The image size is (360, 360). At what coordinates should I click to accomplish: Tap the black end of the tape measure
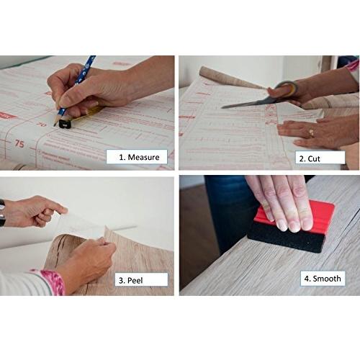(x=65, y=124)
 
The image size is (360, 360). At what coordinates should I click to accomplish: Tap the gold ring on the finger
(x=311, y=132)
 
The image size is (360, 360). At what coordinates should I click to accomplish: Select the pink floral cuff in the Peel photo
(x=50, y=282)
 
